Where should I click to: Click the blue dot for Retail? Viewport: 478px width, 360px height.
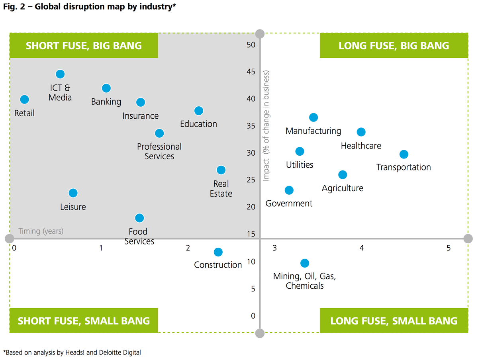click(24, 99)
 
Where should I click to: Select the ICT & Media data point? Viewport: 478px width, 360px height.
click(60, 74)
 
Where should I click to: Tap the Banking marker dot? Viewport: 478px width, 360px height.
click(106, 88)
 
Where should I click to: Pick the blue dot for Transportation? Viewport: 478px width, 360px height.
click(404, 154)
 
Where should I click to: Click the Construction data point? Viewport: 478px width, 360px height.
click(218, 252)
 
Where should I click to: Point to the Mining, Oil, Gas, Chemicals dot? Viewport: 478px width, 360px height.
click(305, 263)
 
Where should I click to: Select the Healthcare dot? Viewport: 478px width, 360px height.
click(361, 132)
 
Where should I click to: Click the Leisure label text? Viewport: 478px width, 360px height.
click(73, 207)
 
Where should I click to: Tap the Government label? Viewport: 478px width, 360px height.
click(289, 203)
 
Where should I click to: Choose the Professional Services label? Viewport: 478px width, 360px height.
click(159, 151)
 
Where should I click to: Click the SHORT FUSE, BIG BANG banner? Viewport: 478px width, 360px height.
click(84, 45)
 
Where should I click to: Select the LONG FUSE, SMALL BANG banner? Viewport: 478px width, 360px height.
click(394, 321)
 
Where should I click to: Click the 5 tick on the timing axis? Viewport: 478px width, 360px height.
click(449, 248)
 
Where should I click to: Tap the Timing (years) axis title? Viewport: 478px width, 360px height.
click(41, 231)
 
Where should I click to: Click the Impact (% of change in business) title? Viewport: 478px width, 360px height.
click(266, 125)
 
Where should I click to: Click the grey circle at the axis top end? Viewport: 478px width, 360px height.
click(260, 34)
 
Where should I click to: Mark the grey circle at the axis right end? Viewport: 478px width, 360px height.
click(468, 239)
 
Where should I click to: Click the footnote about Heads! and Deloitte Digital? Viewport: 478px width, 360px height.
click(72, 352)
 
